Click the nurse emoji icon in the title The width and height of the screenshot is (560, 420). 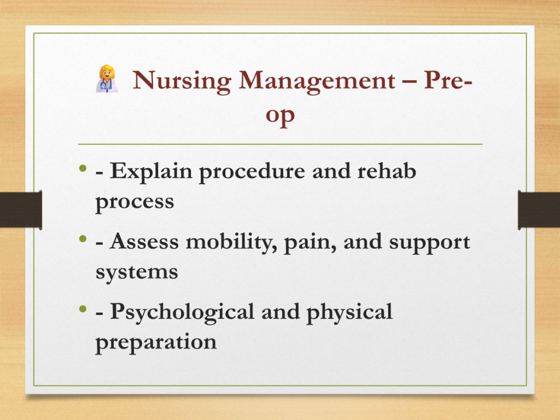pyautogui.click(x=107, y=79)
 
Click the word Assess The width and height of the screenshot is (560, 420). pyautogui.click(x=144, y=242)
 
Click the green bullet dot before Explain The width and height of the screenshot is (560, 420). pyautogui.click(x=83, y=168)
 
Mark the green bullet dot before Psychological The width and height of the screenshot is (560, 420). pyautogui.click(x=83, y=308)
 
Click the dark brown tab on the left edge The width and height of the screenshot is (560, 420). pyautogui.click(x=21, y=210)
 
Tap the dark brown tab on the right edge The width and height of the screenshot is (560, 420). pyautogui.click(x=539, y=210)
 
